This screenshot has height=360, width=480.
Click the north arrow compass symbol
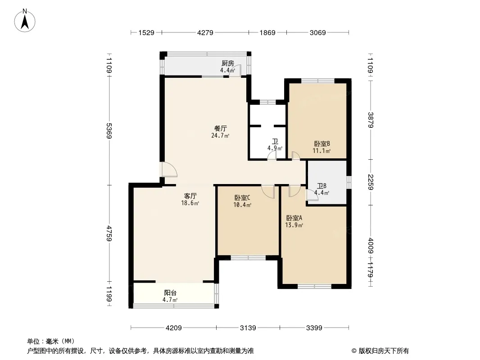tap(25, 21)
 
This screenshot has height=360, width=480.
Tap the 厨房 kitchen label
tap(228, 63)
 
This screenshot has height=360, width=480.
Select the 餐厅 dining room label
tap(220, 128)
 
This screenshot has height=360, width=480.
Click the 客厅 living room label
tap(190, 196)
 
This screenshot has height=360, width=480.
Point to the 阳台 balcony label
tap(170, 293)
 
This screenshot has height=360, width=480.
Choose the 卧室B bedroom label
tap(322, 144)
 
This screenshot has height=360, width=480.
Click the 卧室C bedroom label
tap(242, 198)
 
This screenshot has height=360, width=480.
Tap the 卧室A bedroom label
tap(294, 218)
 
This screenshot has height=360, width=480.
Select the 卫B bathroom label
tap(322, 186)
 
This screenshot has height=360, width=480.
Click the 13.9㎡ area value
tap(294, 225)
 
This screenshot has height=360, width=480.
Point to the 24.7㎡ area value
tap(220, 135)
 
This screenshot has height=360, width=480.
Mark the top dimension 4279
tap(205, 32)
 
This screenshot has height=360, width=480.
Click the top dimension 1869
tap(267, 32)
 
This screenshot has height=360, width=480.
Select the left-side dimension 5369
tap(109, 130)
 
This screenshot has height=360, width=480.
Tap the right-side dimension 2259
tap(371, 182)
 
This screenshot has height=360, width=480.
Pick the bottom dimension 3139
tap(248, 328)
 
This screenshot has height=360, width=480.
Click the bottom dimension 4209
tap(173, 328)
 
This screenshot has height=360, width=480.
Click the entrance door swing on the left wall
tap(169, 169)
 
